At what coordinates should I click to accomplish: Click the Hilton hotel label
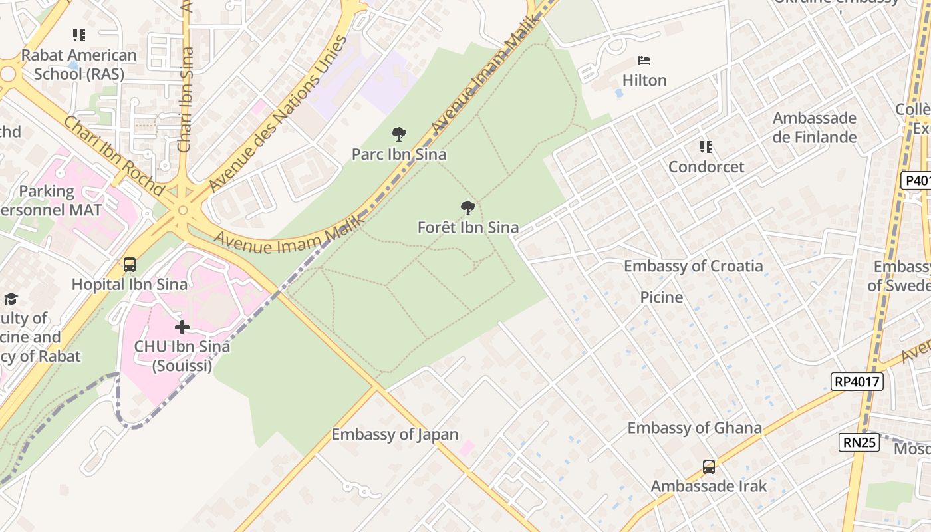644,80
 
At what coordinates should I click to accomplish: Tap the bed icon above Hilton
644,61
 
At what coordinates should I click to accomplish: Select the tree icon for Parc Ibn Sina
399,135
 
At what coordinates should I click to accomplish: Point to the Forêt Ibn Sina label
467,227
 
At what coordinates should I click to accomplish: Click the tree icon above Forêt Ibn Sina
468,208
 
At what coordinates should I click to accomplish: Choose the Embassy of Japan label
395,434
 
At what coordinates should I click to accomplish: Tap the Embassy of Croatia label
693,266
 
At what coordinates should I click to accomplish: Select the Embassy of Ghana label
694,428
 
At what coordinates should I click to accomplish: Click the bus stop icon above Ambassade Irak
709,467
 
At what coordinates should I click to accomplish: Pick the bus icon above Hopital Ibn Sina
130,265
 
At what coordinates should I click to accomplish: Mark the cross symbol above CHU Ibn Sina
182,327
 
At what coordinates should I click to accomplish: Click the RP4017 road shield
857,382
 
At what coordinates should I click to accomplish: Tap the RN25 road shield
859,442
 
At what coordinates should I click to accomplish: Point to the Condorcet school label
706,166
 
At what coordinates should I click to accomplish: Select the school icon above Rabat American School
79,35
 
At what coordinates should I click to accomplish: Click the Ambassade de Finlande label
814,128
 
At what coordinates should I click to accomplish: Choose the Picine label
661,297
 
